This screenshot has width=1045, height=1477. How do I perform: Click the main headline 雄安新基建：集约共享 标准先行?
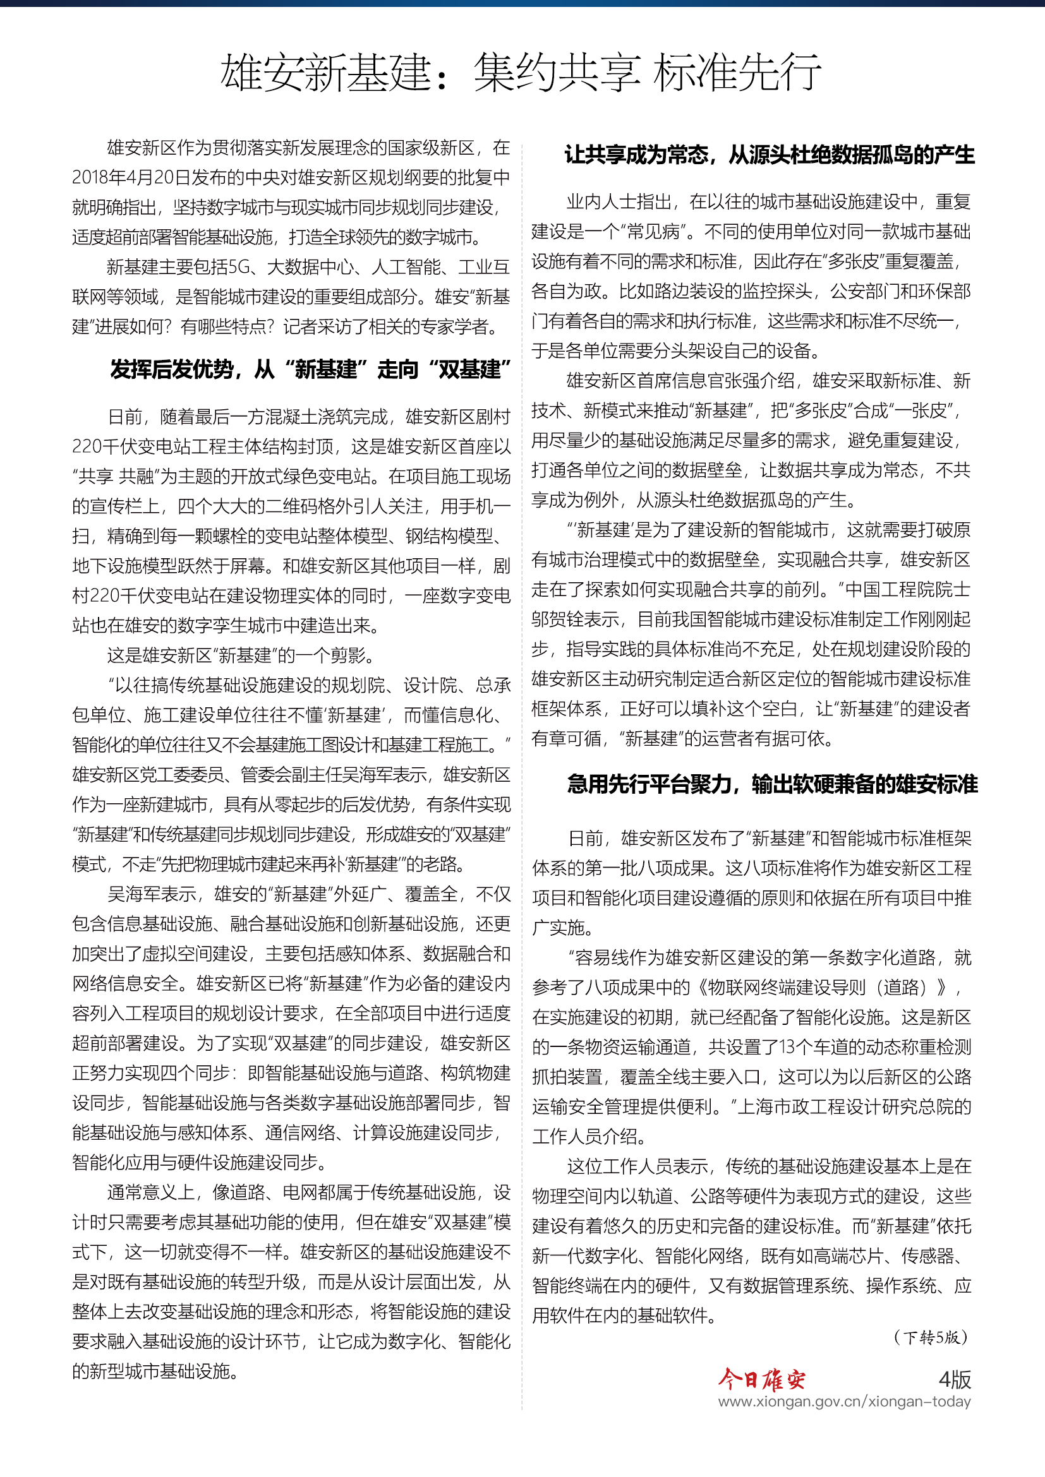[521, 72]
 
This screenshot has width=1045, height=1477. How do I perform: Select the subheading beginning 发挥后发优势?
[311, 369]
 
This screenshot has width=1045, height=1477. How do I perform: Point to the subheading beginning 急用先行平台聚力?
[772, 784]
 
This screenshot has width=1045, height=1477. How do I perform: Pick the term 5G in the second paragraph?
[239, 267]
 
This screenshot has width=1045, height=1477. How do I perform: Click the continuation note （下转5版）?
[931, 1337]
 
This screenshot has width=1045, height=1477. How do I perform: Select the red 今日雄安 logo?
[761, 1380]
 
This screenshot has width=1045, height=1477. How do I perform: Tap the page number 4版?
[955, 1379]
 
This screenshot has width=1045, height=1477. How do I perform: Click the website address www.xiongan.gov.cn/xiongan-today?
[844, 1402]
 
